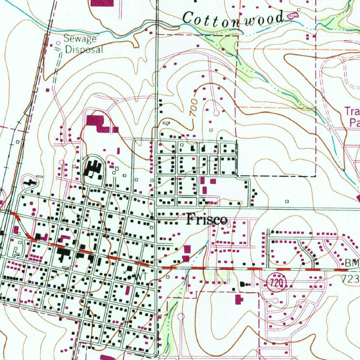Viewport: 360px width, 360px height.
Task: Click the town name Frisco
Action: click(207, 220)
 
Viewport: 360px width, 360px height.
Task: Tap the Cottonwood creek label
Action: click(233, 18)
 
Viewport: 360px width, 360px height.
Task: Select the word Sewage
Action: click(79, 38)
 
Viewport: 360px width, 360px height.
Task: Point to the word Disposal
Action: click(84, 49)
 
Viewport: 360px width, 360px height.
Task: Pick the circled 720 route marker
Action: click(277, 283)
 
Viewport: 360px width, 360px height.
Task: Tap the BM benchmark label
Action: click(352, 263)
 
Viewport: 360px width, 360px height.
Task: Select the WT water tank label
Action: click(141, 277)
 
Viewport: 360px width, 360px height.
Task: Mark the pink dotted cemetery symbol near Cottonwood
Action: click(292, 15)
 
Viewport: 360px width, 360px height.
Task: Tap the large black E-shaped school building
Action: click(93, 168)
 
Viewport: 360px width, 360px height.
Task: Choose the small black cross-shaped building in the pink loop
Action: click(31, 182)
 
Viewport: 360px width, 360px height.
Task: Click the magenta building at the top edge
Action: click(102, 3)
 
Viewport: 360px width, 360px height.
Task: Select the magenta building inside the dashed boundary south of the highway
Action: click(239, 300)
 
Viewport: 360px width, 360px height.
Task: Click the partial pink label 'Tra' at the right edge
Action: click(352, 112)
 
